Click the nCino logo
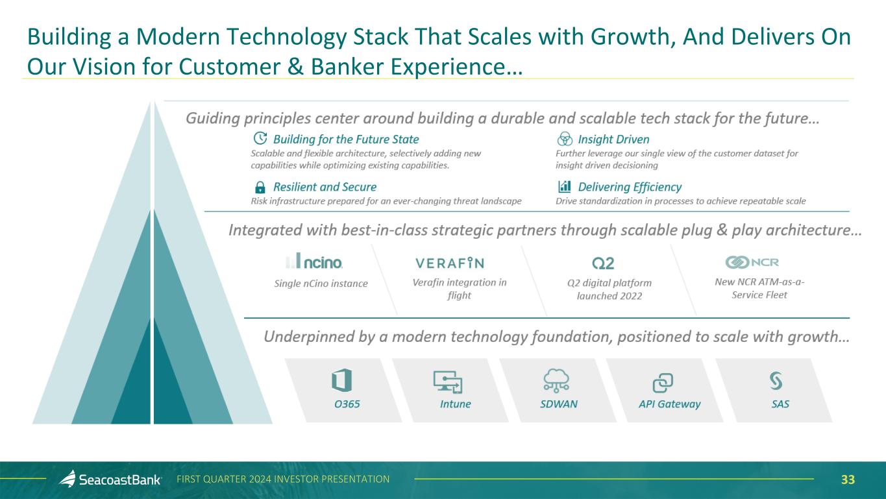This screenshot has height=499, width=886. (x=314, y=261)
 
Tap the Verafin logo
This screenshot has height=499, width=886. (x=450, y=263)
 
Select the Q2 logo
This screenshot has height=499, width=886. (x=603, y=263)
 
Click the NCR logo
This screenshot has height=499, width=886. (x=752, y=262)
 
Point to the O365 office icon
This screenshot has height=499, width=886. (x=341, y=380)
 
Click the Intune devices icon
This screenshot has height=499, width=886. (x=448, y=382)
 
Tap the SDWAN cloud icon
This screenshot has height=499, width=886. (x=556, y=380)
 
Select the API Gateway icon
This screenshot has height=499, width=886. (x=663, y=383)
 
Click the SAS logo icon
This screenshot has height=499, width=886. (x=776, y=381)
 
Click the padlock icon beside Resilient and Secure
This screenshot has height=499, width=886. (x=260, y=187)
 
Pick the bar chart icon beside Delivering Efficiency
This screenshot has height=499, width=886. (x=565, y=186)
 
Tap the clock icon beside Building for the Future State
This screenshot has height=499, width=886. (x=260, y=138)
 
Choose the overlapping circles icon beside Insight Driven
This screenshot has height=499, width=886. (x=565, y=139)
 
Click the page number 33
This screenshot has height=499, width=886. (x=848, y=480)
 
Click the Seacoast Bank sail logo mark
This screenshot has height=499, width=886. (x=68, y=478)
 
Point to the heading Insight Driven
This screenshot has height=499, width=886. (x=613, y=139)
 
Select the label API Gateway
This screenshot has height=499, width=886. (x=669, y=404)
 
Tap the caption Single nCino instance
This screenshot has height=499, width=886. (x=321, y=284)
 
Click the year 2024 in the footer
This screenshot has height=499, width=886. (x=260, y=480)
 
